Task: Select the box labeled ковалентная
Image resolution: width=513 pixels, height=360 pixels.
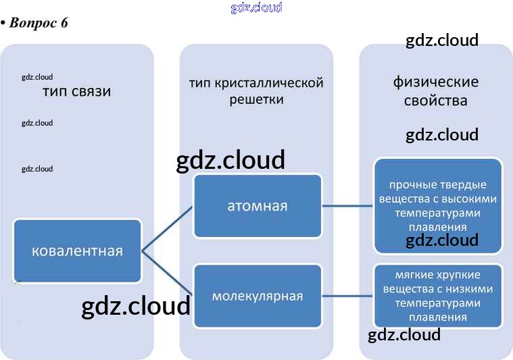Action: click(77, 251)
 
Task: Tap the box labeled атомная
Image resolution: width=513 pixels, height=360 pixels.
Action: click(257, 206)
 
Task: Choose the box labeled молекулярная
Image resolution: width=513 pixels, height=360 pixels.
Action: click(257, 296)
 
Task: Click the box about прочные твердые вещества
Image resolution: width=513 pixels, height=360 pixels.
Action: click(438, 206)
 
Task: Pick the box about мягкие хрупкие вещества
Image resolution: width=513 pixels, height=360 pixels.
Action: click(438, 296)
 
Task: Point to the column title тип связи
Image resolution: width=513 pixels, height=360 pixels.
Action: click(76, 91)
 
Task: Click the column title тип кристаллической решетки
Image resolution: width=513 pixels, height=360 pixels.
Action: click(256, 91)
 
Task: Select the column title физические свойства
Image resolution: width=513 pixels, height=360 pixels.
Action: click(436, 91)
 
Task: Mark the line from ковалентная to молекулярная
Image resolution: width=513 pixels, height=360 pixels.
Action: click(168, 274)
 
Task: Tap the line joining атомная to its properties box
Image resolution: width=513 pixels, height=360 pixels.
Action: click(347, 206)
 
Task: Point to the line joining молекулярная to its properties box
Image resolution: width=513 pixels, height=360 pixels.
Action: click(347, 296)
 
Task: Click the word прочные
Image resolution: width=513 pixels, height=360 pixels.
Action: click(409, 185)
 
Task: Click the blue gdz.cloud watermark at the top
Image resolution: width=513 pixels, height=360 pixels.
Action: click(256, 8)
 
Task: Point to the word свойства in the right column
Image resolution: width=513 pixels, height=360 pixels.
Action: click(436, 101)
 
